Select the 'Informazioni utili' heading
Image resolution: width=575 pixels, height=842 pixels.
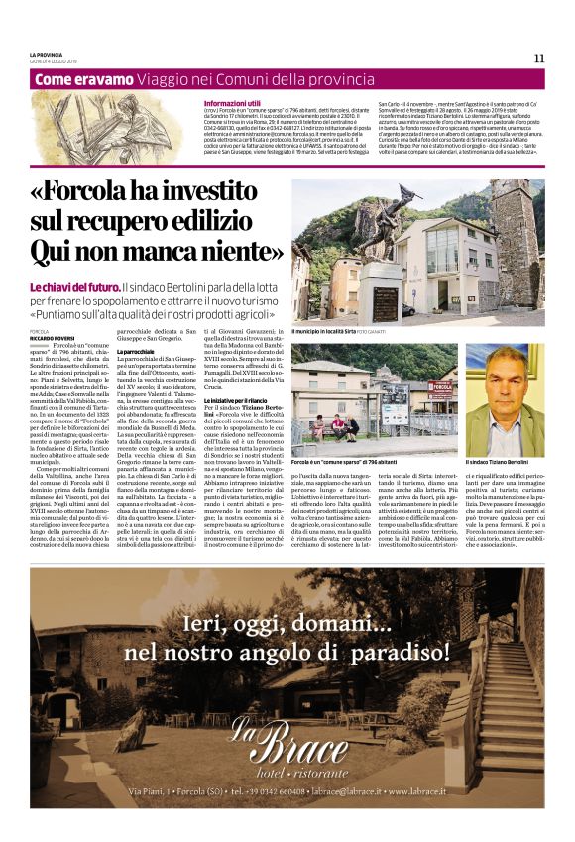pos(232,103)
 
